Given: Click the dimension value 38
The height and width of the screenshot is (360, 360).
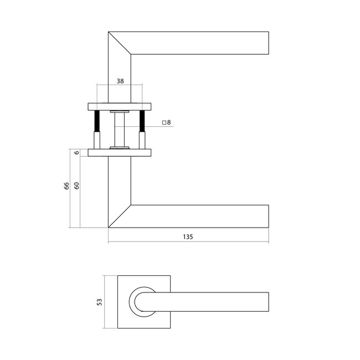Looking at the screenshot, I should [x=120, y=81].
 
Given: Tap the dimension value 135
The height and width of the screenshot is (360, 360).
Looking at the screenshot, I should [x=188, y=236].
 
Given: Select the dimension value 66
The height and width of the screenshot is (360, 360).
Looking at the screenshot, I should [x=66, y=186].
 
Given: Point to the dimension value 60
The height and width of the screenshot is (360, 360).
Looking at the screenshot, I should [x=77, y=186].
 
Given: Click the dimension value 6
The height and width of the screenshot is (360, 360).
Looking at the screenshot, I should [x=77, y=152].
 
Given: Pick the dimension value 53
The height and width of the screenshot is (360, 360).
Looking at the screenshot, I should [x=100, y=302].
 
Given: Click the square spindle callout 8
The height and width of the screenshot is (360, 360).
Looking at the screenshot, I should [x=166, y=122].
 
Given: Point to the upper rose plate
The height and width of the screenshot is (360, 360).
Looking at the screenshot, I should [x=120, y=106].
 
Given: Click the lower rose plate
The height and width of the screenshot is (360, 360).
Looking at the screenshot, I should [x=120, y=152].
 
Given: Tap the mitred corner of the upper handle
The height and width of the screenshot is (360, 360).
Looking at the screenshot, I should [x=120, y=43].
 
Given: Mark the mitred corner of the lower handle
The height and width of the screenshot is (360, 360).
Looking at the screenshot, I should [x=120, y=216].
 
